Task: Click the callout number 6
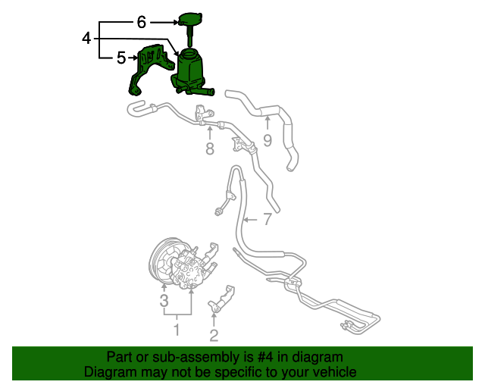pos(141,22)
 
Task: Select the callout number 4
pos(87,37)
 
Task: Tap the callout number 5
pos(120,57)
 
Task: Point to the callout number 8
pos(210,149)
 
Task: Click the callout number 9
pos(267,139)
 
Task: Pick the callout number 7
pos(266,220)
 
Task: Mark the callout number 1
pos(177,330)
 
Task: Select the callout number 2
pos(214,334)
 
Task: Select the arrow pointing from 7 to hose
pos(251,220)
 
